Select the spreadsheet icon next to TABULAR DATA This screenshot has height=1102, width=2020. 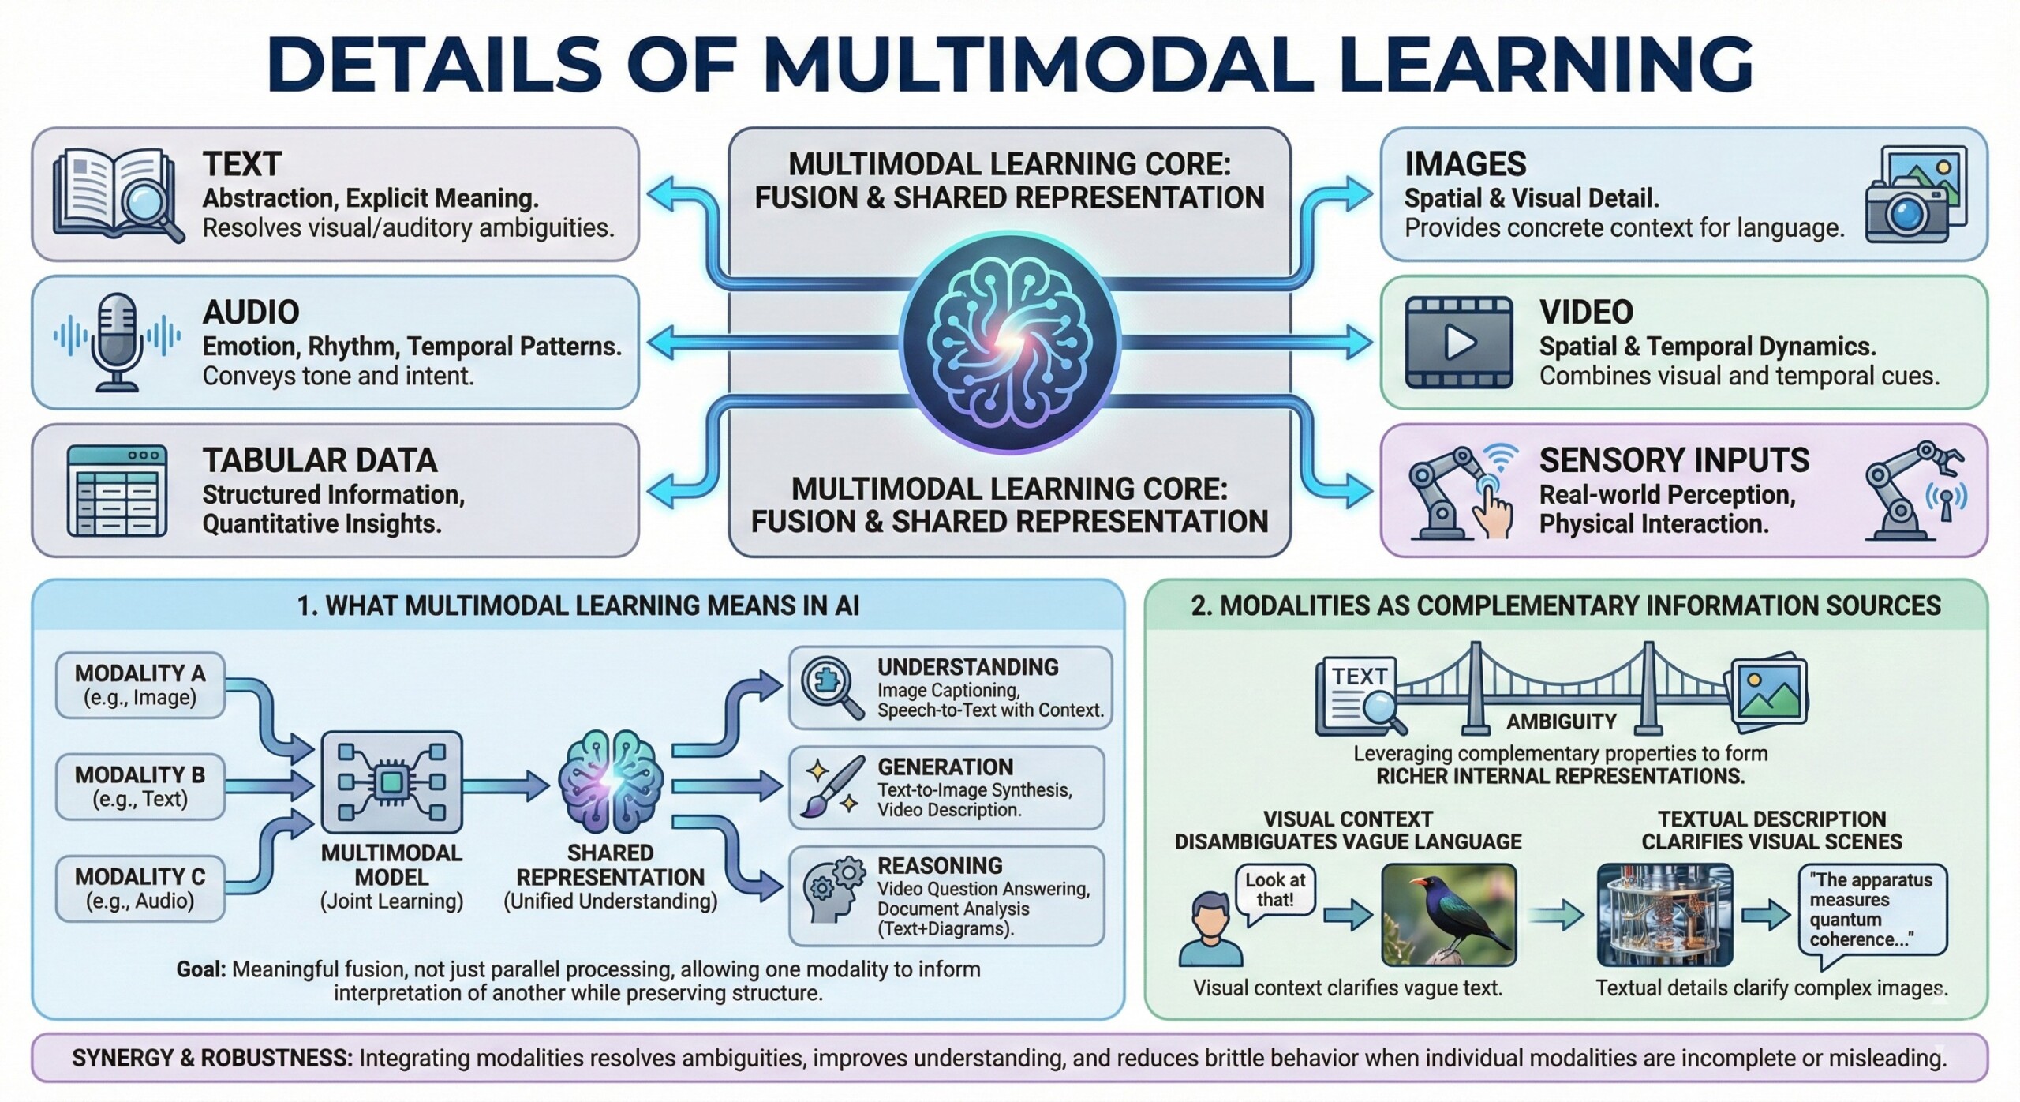coord(117,490)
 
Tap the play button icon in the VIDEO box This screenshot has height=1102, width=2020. coord(1459,342)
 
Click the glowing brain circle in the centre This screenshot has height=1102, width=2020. coord(1009,342)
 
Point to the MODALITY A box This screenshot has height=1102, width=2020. coord(140,684)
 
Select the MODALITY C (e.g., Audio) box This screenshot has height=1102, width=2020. coord(140,888)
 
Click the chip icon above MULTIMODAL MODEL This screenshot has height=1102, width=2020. coord(391,782)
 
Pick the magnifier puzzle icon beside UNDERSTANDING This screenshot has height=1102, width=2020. coord(832,688)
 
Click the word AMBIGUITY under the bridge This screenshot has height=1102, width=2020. coord(1561,722)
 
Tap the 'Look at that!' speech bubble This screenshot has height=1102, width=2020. coord(1274,890)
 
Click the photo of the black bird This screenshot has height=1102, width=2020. coord(1449,914)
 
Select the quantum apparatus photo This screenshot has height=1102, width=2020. coord(1664,914)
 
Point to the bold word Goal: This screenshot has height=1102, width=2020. coord(200,969)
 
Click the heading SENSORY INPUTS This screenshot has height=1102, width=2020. coord(1674,460)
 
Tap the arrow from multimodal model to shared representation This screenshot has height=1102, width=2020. coord(505,785)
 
